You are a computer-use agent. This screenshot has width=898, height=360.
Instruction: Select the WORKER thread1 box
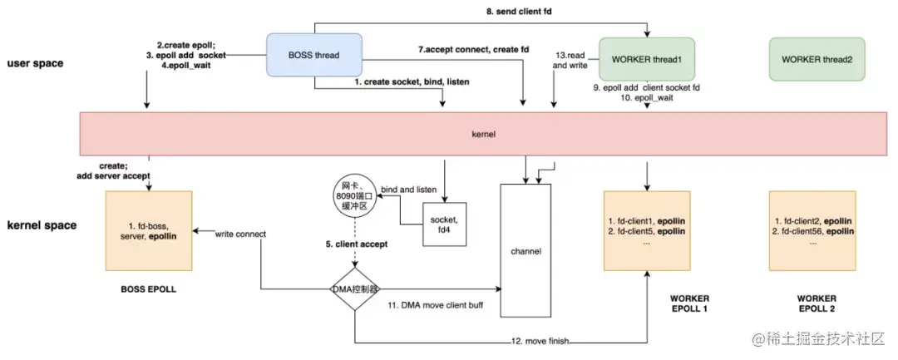[x=647, y=59]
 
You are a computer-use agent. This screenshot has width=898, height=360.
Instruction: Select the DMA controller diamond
[x=355, y=288]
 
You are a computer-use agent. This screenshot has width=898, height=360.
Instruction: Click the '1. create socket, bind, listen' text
[x=399, y=84]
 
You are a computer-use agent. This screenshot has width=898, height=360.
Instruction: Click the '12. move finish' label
[x=541, y=340]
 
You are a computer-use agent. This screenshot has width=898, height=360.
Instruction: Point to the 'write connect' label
[x=240, y=234]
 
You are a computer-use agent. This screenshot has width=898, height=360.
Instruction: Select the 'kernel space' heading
[x=41, y=225]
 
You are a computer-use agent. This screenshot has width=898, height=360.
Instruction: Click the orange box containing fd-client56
[x=812, y=229]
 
